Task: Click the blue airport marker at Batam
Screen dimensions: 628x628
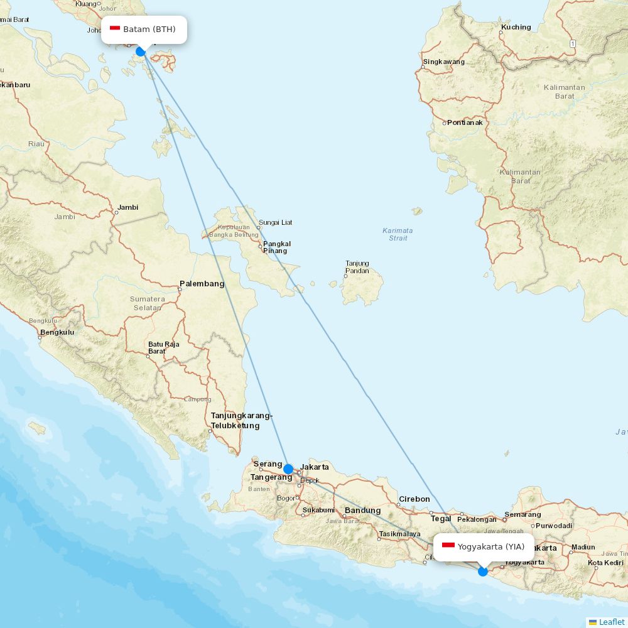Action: click(x=141, y=51)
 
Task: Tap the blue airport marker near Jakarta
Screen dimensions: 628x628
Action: click(x=288, y=468)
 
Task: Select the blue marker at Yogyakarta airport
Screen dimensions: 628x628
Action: click(x=482, y=571)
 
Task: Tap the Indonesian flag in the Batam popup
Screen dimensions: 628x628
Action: click(x=115, y=29)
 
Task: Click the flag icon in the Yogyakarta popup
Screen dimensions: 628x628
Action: click(x=448, y=546)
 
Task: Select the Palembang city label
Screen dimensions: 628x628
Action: click(x=202, y=284)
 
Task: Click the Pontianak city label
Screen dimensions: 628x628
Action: click(x=465, y=122)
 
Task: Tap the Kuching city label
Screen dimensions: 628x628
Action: click(x=516, y=28)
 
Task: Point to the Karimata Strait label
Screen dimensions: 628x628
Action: click(x=398, y=234)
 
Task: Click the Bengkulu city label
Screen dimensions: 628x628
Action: click(x=57, y=332)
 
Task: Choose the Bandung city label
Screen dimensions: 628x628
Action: click(x=362, y=511)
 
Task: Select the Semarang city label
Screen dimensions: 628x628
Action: click(x=522, y=515)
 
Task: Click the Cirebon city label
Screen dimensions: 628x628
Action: click(x=414, y=499)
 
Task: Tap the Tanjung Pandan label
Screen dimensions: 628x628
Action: click(x=357, y=268)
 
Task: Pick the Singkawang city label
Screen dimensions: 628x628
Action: click(x=444, y=62)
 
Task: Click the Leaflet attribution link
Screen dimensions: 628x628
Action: click(x=611, y=622)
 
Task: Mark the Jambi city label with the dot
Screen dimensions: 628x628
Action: click(x=127, y=207)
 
